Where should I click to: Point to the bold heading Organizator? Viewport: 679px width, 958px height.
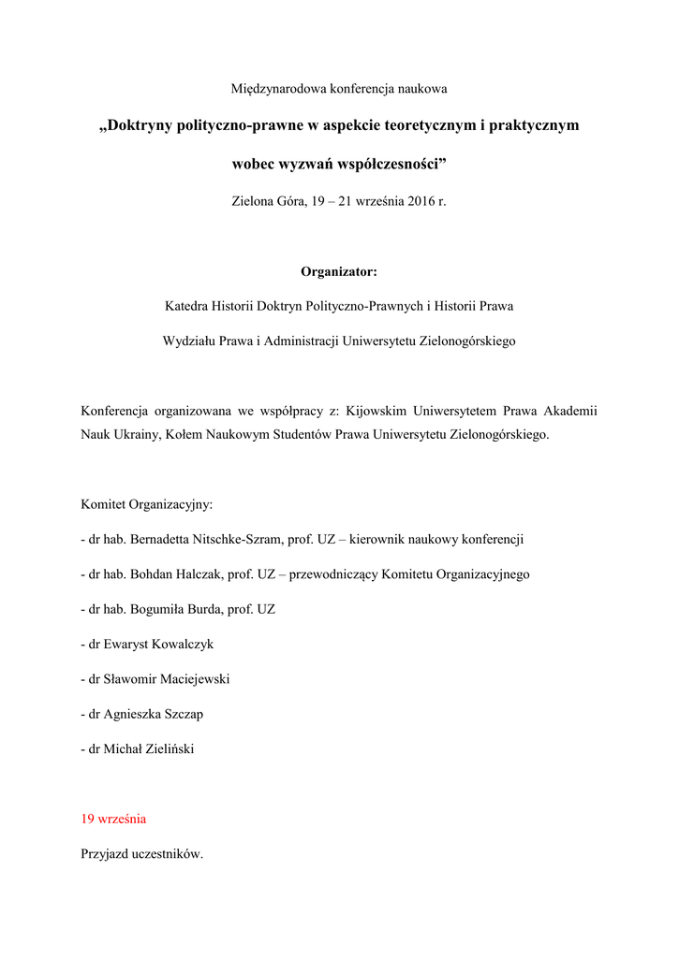point(339,271)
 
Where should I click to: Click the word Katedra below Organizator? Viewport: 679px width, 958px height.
point(187,306)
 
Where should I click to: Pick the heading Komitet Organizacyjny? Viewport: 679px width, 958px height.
point(147,505)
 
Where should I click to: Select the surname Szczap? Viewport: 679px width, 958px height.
point(185,714)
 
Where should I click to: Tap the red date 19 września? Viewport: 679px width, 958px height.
point(113,819)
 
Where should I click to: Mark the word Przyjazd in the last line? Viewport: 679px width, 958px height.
point(107,854)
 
